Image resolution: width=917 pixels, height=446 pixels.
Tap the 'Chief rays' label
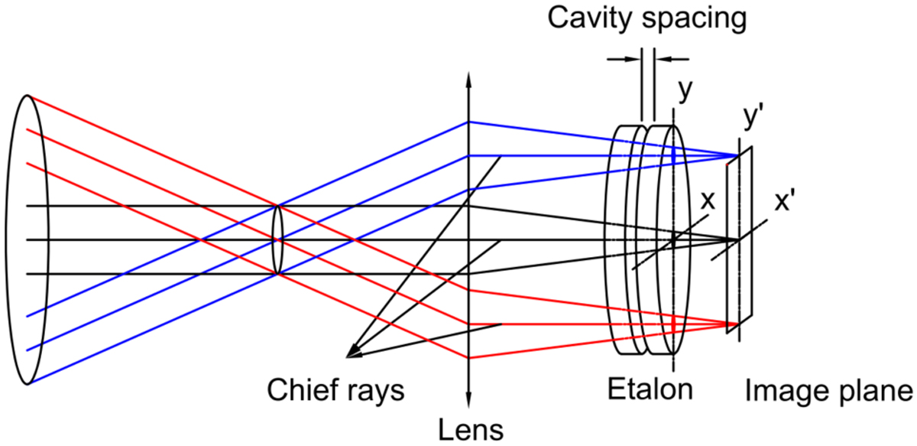point(335,390)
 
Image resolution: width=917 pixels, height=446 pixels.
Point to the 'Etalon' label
point(650,389)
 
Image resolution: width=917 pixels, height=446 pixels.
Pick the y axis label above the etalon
point(685,90)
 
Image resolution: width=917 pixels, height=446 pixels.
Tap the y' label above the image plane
point(753,119)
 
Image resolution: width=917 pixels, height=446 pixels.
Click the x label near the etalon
point(708,200)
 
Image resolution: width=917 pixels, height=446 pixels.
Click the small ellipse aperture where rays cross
point(277,239)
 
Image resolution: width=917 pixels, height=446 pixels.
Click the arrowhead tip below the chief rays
point(348,356)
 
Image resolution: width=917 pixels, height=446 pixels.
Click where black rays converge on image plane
point(737,241)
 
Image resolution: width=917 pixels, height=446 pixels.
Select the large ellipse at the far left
point(27,239)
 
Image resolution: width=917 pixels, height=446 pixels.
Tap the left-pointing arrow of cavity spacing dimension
point(662,58)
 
